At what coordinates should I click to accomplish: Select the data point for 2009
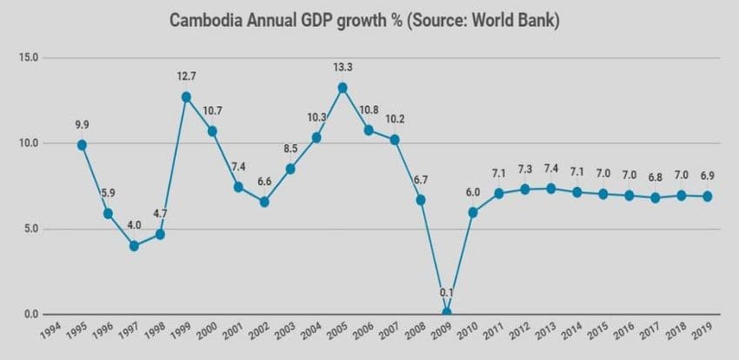tap(447, 312)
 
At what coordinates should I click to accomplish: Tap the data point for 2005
tap(343, 88)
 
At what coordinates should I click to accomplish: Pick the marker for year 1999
tap(186, 97)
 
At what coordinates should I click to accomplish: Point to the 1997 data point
tap(134, 246)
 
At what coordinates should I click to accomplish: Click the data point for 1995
tap(82, 145)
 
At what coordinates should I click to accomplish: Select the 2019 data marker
tap(708, 197)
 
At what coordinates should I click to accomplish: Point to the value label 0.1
tap(447, 291)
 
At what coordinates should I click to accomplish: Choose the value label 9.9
tap(82, 123)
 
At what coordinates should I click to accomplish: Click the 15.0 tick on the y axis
tap(29, 57)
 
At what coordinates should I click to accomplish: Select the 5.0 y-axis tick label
tap(31, 230)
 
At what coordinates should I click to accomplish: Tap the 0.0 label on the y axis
tap(31, 315)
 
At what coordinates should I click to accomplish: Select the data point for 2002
tap(264, 202)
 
